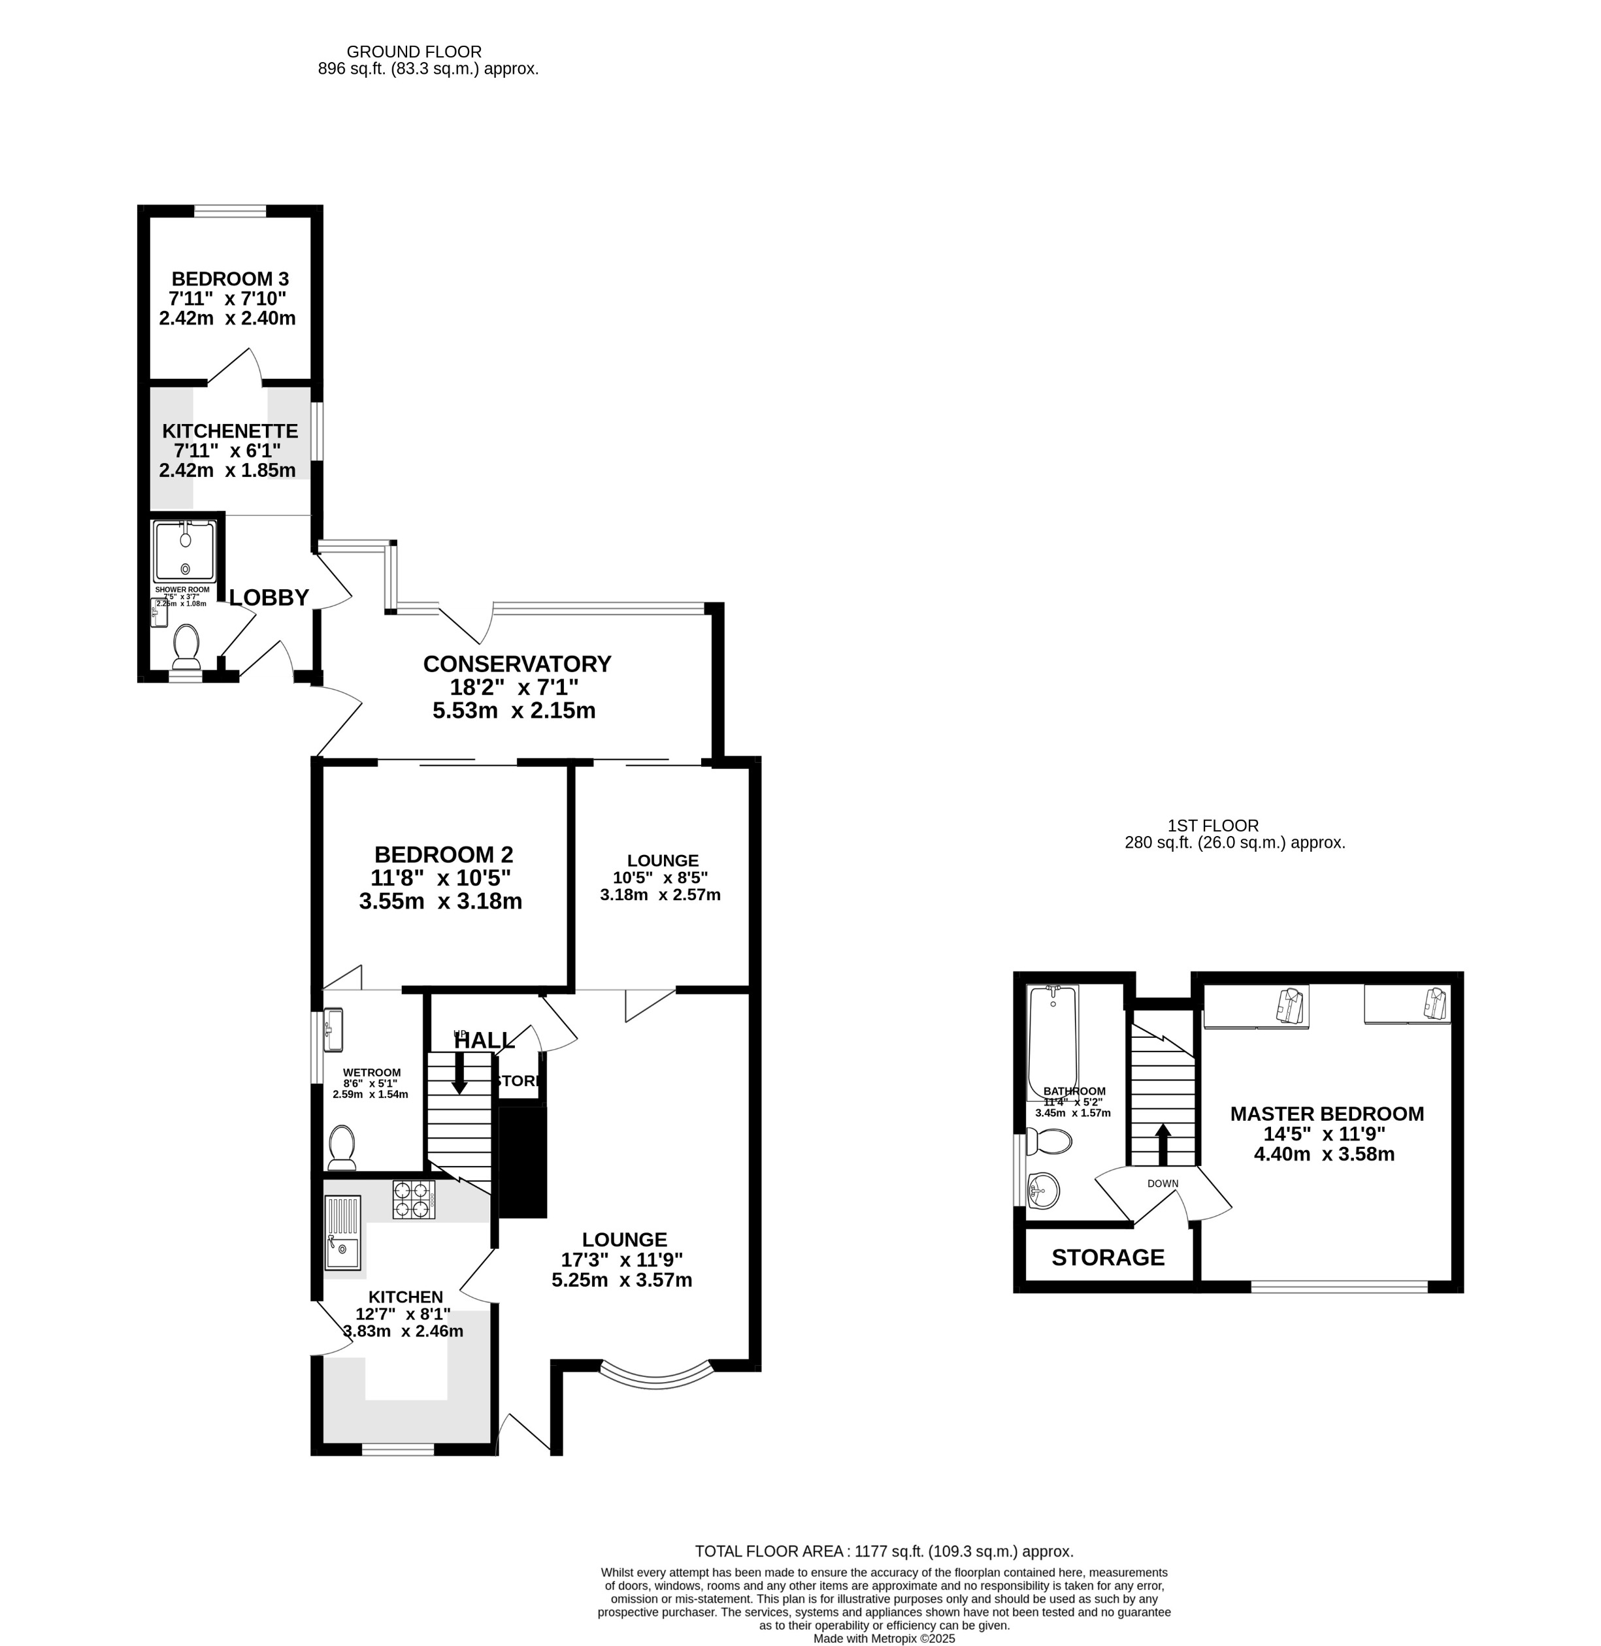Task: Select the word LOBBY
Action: click(x=269, y=597)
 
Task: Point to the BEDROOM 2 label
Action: click(x=443, y=854)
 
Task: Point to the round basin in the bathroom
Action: click(x=1043, y=1190)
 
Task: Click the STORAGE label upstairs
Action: click(x=1108, y=1257)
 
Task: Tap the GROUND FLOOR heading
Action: click(x=414, y=52)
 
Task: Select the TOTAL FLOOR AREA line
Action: click(x=883, y=1551)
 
